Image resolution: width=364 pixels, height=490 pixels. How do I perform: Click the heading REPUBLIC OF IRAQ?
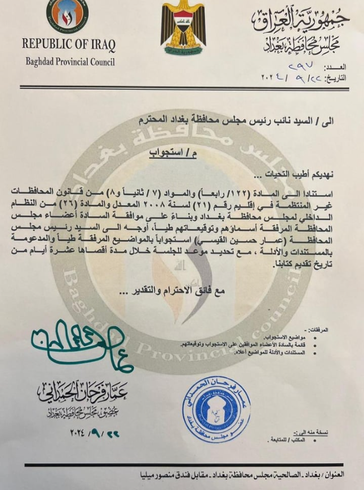tap(69, 44)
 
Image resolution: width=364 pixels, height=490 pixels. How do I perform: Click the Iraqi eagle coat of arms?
tap(183, 27)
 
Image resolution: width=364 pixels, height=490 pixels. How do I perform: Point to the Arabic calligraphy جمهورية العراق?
tap(300, 23)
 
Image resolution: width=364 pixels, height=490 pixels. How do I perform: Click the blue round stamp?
tap(216, 402)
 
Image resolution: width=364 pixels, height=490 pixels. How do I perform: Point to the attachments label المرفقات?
tap(331, 330)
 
